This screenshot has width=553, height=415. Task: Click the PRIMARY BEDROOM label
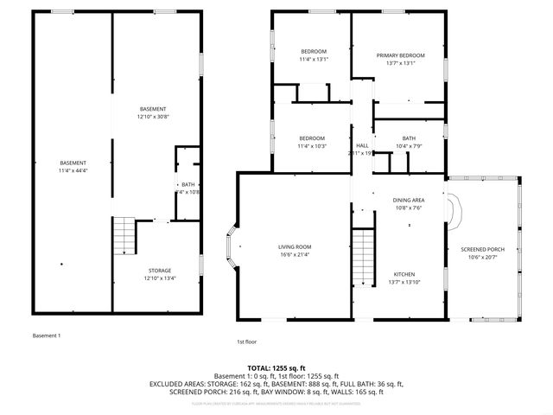400,55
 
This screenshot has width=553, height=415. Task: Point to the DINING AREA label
409,200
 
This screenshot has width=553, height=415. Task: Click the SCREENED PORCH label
483,249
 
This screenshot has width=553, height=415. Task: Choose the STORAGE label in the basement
158,271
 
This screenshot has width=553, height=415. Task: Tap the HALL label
362,145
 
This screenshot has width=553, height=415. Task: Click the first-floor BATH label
409,138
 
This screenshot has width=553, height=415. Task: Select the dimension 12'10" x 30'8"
153,116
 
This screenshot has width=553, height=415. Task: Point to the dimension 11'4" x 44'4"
73,170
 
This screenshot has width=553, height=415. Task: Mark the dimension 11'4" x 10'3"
312,146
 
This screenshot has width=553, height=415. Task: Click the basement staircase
124,235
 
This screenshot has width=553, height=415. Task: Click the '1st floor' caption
248,342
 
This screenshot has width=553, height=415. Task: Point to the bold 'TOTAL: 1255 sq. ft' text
276,368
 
